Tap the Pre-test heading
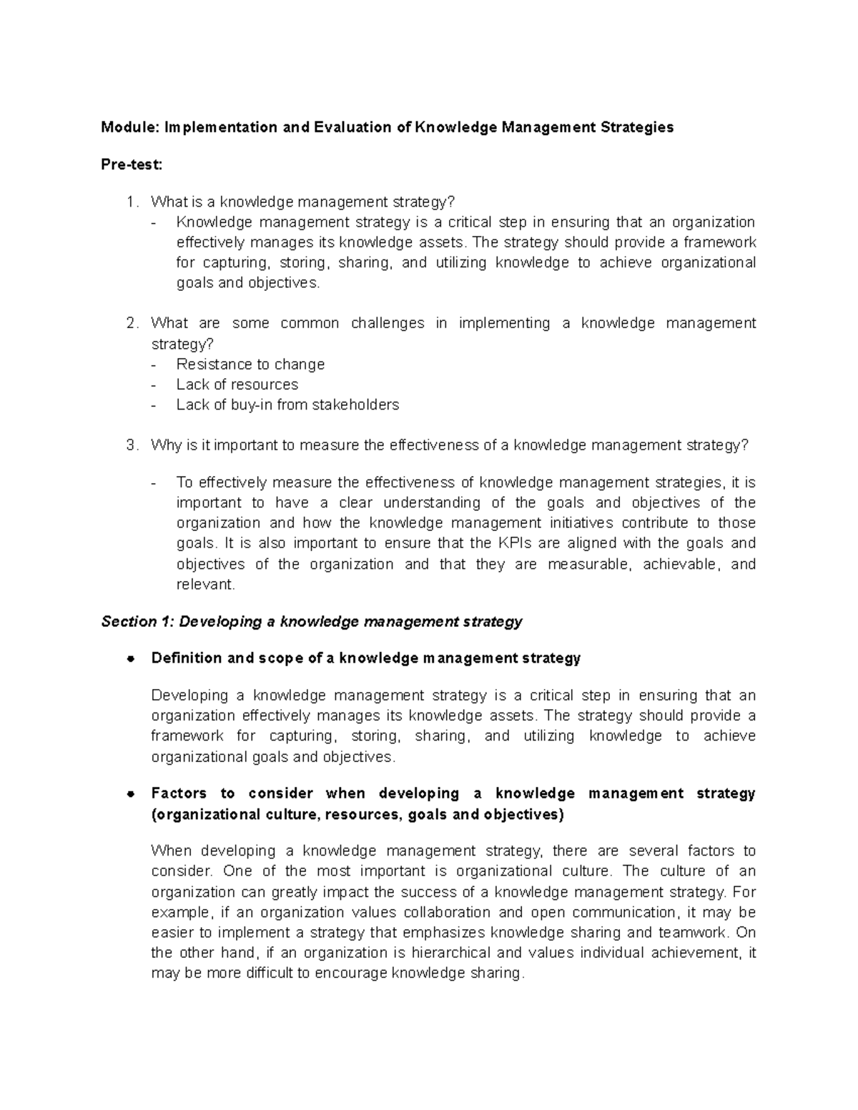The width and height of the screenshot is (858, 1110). [132, 165]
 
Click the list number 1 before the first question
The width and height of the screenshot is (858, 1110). [130, 202]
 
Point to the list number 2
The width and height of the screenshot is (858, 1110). [130, 324]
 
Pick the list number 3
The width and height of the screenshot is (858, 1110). [130, 446]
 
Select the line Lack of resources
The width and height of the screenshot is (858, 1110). [237, 385]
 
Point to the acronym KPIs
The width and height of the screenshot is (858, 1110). [514, 544]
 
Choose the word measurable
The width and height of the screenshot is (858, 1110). [589, 565]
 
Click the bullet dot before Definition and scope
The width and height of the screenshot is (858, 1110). [130, 659]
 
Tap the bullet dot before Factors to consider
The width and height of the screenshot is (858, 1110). [130, 794]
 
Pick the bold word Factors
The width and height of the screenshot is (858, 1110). [179, 794]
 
